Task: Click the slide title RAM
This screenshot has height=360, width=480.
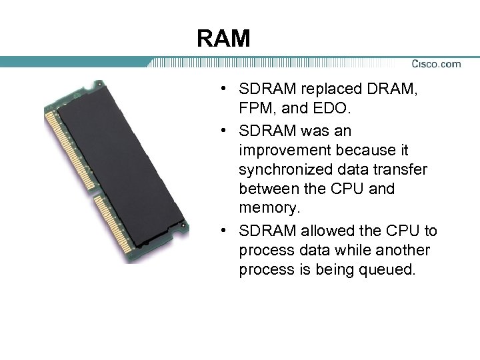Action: (223, 39)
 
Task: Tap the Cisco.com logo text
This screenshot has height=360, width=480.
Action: (436, 64)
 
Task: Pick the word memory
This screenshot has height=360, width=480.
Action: (269, 208)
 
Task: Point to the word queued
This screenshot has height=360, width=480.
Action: (383, 269)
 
